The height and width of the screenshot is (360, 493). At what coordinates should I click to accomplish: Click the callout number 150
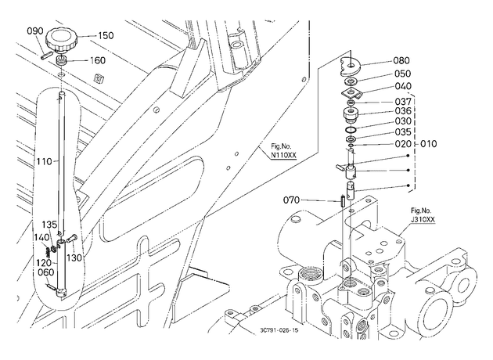tap(106, 35)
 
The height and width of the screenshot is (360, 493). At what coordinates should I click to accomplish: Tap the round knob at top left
tap(62, 40)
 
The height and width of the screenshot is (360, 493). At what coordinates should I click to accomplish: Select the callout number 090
tap(34, 31)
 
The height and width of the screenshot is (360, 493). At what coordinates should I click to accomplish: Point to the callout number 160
tap(98, 60)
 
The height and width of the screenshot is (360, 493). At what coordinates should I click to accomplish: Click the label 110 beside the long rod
tap(44, 161)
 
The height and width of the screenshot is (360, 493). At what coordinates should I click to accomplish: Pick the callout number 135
tap(49, 225)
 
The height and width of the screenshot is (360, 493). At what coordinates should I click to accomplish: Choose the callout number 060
tap(46, 272)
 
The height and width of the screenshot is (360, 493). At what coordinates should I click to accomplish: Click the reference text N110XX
tap(283, 155)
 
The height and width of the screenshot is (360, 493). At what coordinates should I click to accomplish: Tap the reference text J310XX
tap(423, 220)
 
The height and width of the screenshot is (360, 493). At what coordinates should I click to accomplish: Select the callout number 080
tap(401, 60)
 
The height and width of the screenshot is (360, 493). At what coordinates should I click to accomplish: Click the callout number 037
tap(403, 102)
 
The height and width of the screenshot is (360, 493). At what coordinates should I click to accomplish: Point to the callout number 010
tap(429, 144)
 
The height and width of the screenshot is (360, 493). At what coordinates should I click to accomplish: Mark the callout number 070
tap(291, 200)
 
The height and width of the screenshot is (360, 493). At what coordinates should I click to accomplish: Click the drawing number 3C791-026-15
tap(279, 330)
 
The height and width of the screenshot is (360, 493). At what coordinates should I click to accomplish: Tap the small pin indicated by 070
tap(343, 200)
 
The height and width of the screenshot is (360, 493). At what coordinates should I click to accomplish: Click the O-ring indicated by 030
tap(351, 129)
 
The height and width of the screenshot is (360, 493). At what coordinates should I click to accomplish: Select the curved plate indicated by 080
tap(351, 67)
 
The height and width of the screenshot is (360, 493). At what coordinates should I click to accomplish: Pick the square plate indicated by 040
tap(351, 93)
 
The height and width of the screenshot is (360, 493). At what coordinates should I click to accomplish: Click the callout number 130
tap(74, 257)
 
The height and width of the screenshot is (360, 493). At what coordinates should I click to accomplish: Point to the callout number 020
tap(403, 144)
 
